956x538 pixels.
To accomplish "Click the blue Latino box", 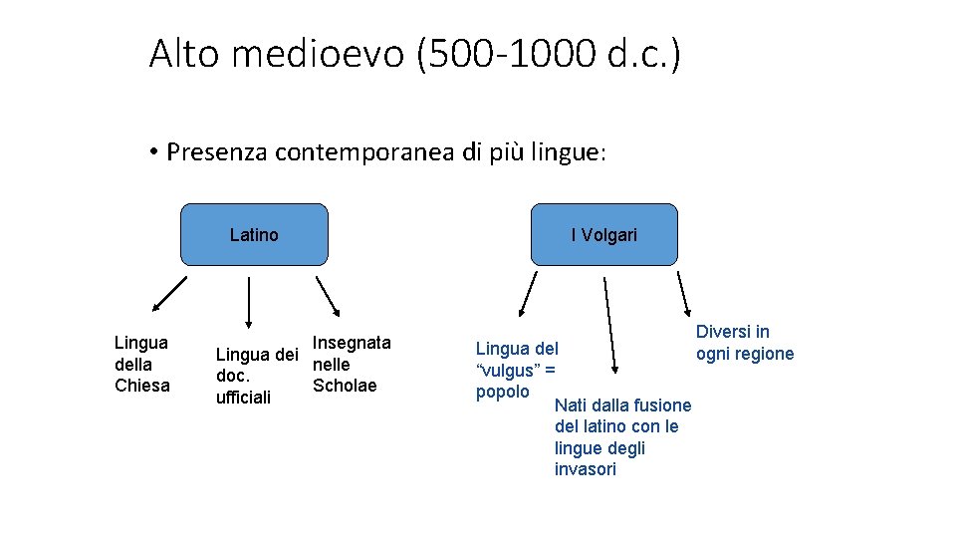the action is tap(254, 235).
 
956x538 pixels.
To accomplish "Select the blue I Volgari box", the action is tap(603, 235).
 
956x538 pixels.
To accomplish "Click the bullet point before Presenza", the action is tap(155, 152).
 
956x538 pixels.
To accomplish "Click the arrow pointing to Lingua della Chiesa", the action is tap(169, 295).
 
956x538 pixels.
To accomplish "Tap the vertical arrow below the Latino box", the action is tap(248, 302).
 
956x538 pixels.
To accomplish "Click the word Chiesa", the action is tap(142, 386).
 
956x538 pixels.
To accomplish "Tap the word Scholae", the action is tap(345, 386).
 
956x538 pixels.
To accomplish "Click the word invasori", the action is tap(586, 469).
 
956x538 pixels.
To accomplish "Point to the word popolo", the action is tap(503, 392).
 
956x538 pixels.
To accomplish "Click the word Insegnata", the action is tap(352, 343).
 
